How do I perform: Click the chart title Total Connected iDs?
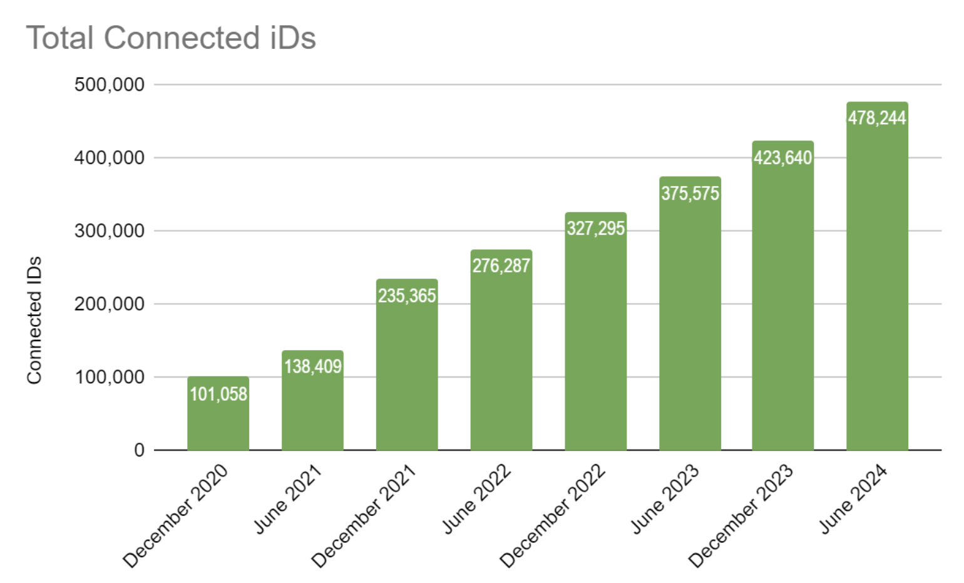[171, 38]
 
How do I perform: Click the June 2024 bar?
[877, 282]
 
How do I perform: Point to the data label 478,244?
[877, 118]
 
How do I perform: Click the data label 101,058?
[218, 394]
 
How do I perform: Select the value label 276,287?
[501, 266]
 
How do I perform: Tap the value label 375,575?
[690, 193]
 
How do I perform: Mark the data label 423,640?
[783, 157]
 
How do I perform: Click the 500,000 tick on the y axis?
[110, 85]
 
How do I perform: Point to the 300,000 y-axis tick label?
[110, 231]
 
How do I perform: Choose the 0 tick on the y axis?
[139, 450]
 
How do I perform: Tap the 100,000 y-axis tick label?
[110, 377]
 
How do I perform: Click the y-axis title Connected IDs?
[34, 319]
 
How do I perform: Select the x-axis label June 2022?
[477, 499]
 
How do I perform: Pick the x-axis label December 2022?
[553, 515]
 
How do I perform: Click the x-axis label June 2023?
[665, 499]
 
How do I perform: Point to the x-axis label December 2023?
[741, 515]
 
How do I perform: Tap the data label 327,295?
[596, 229]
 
